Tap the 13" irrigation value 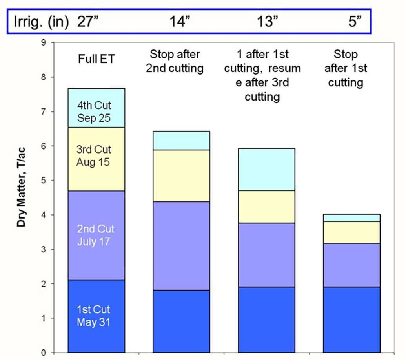coord(265,21)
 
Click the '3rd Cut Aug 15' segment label coord(94,155)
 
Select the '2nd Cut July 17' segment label coord(94,235)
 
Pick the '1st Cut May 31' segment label coord(94,316)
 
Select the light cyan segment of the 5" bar coord(351,218)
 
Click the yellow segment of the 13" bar coord(266,207)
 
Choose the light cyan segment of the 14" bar coord(181,141)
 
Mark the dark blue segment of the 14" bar coord(181,321)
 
